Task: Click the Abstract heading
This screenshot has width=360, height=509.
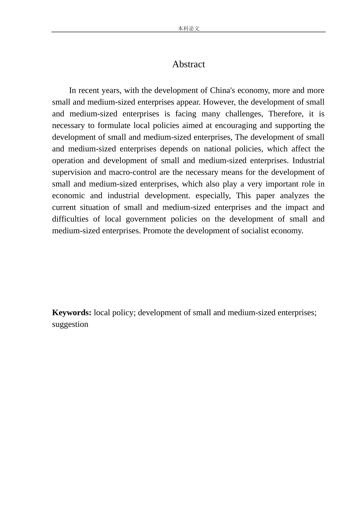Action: (188, 64)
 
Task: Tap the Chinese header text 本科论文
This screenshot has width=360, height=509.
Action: (188, 28)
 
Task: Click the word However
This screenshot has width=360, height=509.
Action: (219, 102)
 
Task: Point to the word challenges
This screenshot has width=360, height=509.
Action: (244, 114)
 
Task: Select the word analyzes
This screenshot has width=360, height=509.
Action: (294, 196)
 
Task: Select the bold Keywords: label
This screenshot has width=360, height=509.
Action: (72, 313)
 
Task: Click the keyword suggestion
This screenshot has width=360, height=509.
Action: (70, 325)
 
